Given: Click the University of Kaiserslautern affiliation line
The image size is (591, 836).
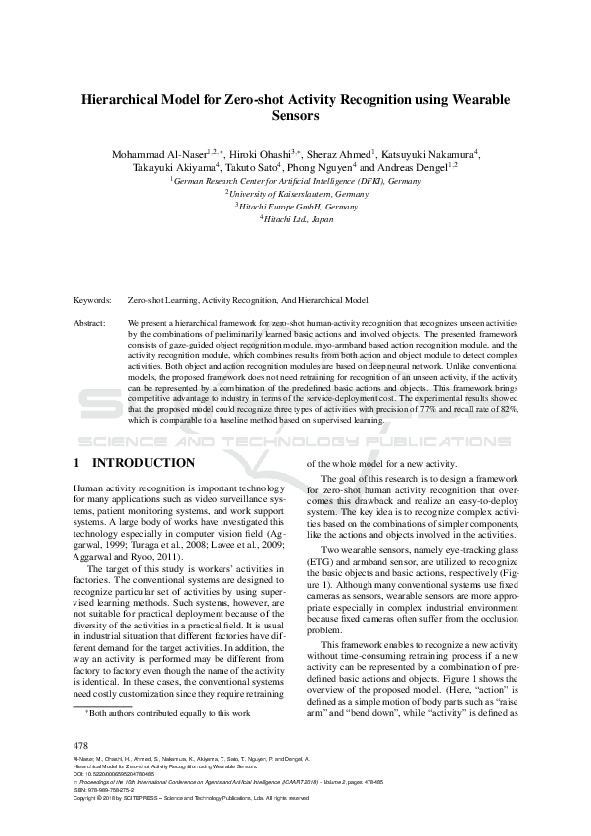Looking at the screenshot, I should click(x=296, y=195).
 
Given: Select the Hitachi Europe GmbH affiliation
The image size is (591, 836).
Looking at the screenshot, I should click(x=296, y=207).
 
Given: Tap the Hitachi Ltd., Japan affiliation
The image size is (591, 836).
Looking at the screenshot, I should click(x=296, y=219).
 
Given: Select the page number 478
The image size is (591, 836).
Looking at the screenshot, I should click(x=82, y=745).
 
